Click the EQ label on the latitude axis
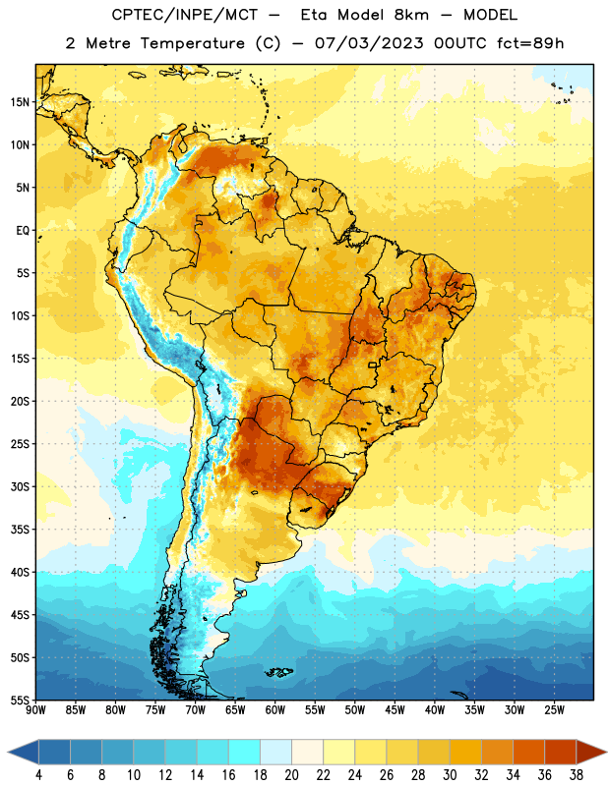23,231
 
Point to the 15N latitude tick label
20,102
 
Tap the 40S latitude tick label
20,573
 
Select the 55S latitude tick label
20,701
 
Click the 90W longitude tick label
35,710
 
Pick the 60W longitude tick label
275,710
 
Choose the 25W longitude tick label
554,710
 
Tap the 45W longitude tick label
395,710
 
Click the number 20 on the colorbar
291,775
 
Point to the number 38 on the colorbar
577,775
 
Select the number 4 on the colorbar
38,775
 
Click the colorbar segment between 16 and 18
245,752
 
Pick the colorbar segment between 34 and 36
529,752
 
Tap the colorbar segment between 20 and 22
308,752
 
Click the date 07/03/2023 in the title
370,43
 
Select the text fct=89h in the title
530,43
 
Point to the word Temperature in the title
193,43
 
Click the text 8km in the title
411,15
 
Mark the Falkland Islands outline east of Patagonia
278,672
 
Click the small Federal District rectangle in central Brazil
373,365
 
